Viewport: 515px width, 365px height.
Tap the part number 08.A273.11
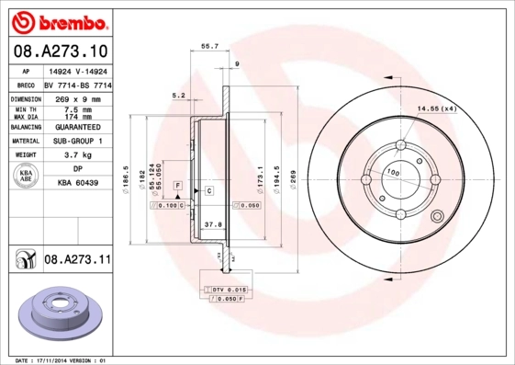[77, 261]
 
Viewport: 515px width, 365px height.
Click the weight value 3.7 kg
[79, 155]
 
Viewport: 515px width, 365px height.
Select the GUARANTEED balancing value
[79, 127]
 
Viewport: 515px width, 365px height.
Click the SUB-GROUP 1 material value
[79, 142]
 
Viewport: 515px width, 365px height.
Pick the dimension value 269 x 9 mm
[79, 98]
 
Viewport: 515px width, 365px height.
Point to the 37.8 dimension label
[212, 223]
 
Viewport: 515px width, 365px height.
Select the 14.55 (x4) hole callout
[437, 109]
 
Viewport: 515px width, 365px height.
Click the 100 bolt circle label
[393, 172]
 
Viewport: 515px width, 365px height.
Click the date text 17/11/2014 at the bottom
[62, 359]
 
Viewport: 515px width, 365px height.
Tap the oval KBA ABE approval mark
[27, 176]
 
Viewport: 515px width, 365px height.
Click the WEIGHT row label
[25, 155]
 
